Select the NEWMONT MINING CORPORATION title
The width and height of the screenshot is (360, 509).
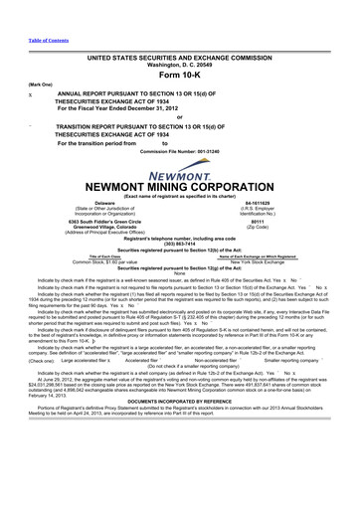179,186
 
